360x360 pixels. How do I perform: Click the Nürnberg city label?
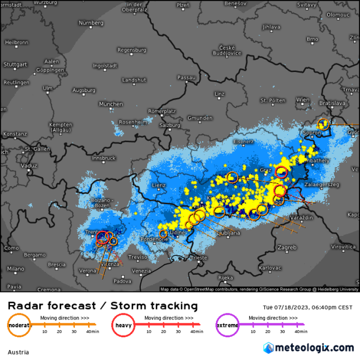(91, 23)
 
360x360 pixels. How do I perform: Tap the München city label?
(111, 104)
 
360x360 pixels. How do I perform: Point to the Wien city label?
(302, 100)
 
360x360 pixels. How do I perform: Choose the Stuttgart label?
(16, 64)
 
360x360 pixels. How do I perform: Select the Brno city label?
(313, 39)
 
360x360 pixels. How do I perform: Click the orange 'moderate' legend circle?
(19, 325)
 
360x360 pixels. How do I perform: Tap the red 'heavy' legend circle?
(122, 325)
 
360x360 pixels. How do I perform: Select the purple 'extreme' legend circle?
(227, 325)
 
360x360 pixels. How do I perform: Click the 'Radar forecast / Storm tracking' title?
(102, 306)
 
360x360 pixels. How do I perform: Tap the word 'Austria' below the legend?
(18, 352)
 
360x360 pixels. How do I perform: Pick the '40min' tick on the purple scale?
(300, 331)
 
